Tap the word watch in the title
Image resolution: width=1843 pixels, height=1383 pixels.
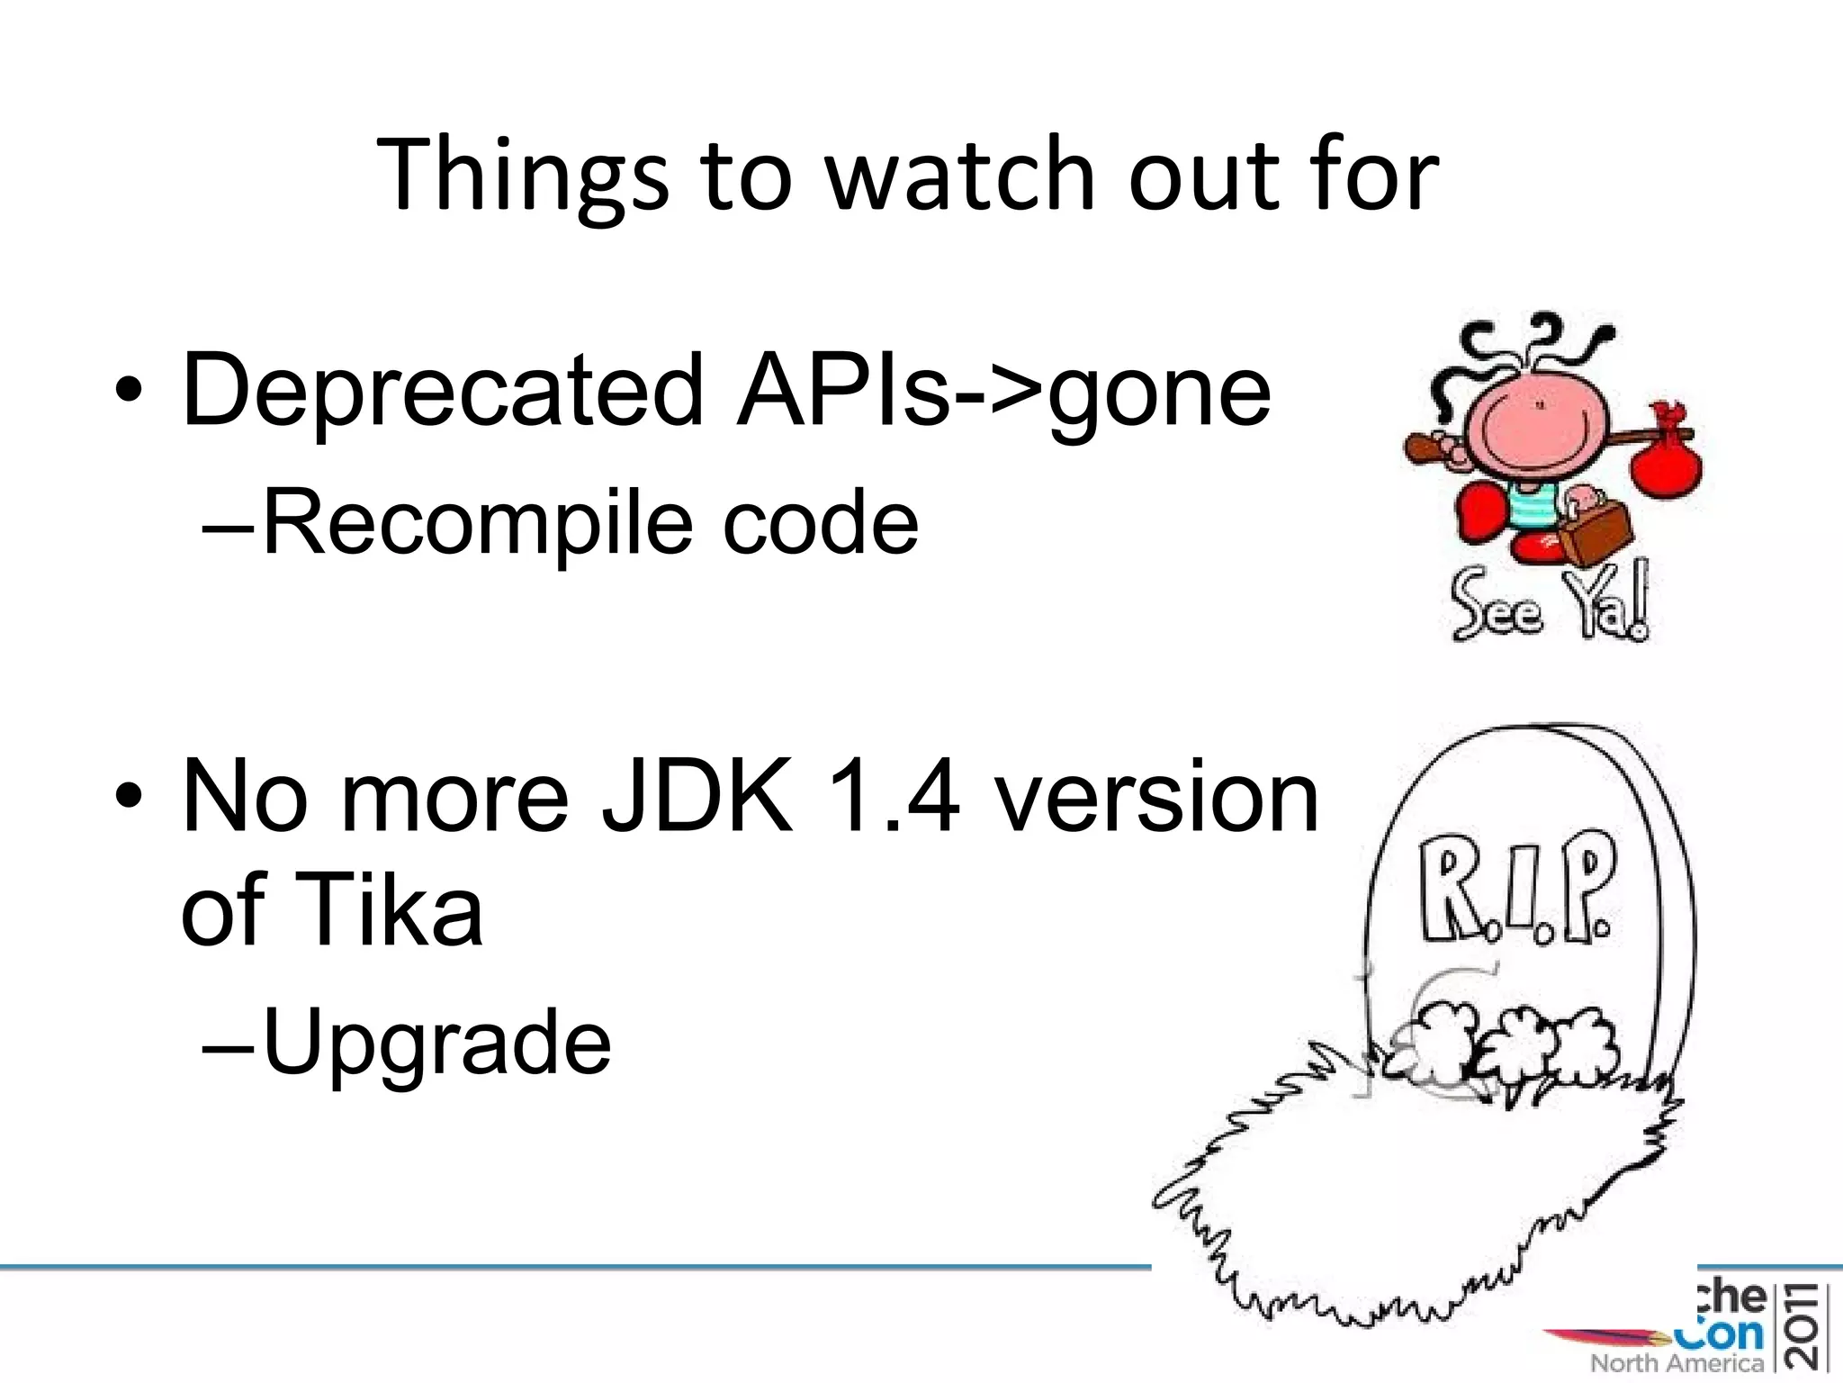pos(960,173)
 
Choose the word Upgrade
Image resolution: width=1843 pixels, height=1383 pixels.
pos(437,1043)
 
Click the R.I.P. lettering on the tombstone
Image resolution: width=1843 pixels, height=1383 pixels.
pos(1517,899)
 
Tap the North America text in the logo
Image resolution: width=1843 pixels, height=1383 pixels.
pos(1677,1360)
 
